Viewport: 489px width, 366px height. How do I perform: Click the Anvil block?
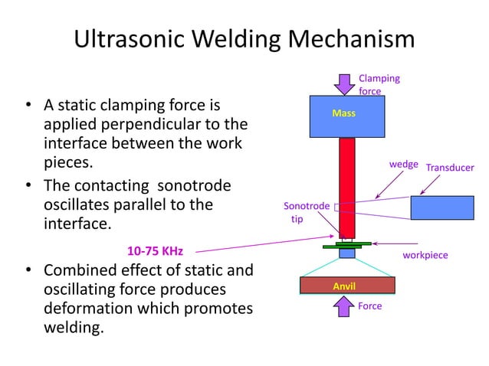click(346, 286)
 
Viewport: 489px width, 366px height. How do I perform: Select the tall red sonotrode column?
click(346, 187)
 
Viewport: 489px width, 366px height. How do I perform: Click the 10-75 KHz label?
click(154, 250)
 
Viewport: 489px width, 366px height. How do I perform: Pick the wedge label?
click(404, 165)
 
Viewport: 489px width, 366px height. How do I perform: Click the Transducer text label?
click(450, 168)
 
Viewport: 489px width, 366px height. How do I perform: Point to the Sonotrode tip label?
click(307, 212)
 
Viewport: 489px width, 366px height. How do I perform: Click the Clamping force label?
click(379, 84)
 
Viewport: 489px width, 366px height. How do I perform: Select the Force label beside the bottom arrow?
click(370, 306)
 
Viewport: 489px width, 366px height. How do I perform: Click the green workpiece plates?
click(346, 245)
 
